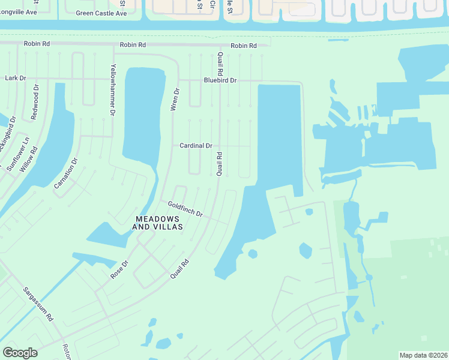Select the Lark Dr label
(x=15, y=78)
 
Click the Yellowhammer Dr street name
(x=112, y=89)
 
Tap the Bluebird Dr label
(x=220, y=80)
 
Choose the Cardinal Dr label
(x=196, y=146)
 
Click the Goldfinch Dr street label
(x=185, y=209)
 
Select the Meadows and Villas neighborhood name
(x=157, y=223)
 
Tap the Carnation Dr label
(x=66, y=173)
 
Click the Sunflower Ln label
(x=13, y=154)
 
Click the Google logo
(x=20, y=353)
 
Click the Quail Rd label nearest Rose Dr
(x=179, y=268)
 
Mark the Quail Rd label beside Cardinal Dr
(x=220, y=163)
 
